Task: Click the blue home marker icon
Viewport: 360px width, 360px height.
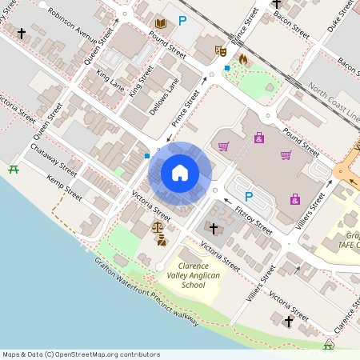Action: (x=180, y=173)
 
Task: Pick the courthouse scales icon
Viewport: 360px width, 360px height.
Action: (x=158, y=228)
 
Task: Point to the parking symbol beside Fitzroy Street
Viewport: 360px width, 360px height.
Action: (x=248, y=196)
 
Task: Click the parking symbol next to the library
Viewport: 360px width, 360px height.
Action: (x=183, y=22)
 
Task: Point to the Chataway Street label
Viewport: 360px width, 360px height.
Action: (x=54, y=159)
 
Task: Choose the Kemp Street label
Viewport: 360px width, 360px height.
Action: (x=63, y=188)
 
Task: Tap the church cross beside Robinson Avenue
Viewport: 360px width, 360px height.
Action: (x=21, y=34)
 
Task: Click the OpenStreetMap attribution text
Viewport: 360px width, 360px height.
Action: (x=81, y=354)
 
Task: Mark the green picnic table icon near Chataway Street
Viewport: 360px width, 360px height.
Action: (x=13, y=169)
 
